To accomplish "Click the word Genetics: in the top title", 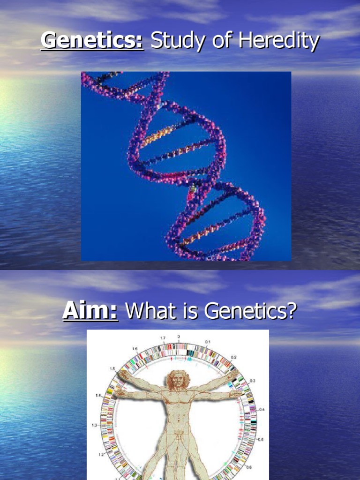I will [92, 41].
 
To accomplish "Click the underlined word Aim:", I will [90, 311].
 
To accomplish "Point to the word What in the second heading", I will [150, 311].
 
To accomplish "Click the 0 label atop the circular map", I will [178, 336].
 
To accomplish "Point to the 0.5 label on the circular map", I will [261, 439].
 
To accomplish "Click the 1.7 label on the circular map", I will [163, 337].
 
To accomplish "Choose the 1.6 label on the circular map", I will [135, 349].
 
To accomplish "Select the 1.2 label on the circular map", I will [101, 454].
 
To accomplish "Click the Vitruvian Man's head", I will [177, 379].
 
